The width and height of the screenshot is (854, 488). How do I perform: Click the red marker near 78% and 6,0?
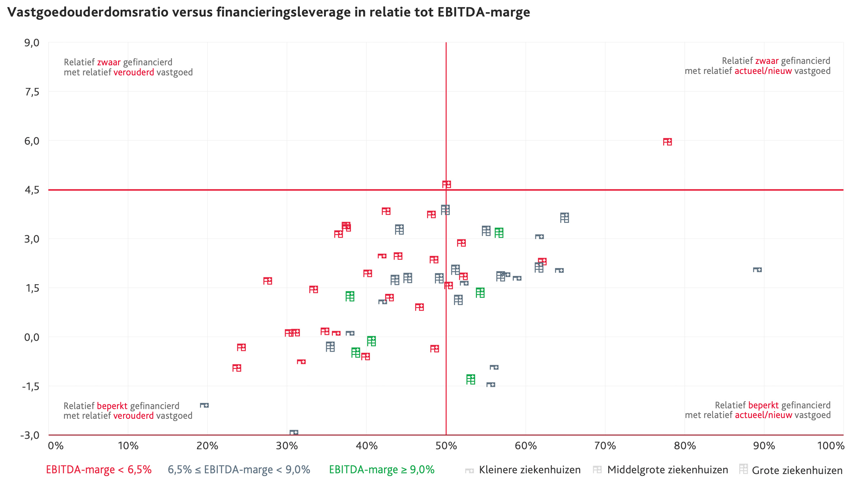pos(667,142)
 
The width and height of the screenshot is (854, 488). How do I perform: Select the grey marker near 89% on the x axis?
pos(757,270)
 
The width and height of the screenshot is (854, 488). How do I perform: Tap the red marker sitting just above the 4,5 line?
pos(446,184)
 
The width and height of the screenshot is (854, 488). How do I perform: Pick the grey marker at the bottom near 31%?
pos(294,432)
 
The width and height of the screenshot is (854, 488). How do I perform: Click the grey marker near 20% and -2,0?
pos(204,405)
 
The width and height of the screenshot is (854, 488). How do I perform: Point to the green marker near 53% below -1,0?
pos(470,379)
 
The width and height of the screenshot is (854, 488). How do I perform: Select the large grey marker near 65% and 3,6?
pos(564,217)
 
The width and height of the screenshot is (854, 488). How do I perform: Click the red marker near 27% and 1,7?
pos(267,281)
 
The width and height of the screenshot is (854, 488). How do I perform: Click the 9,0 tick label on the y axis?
pos(32,43)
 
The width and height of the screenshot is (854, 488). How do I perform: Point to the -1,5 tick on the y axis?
pos(30,386)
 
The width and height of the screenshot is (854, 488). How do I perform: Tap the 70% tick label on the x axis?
pos(605,446)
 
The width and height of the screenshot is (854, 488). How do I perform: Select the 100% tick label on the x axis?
pos(830,446)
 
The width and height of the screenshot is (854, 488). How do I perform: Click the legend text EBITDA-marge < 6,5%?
pos(99,470)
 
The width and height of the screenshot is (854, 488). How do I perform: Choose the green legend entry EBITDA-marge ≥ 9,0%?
pos(381,470)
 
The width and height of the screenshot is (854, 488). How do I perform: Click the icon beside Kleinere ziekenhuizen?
pos(469,470)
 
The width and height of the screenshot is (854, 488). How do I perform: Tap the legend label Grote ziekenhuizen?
pos(797,470)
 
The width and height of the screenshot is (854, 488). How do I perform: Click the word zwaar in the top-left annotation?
pos(109,62)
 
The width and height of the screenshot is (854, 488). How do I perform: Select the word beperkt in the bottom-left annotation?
pos(112,406)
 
